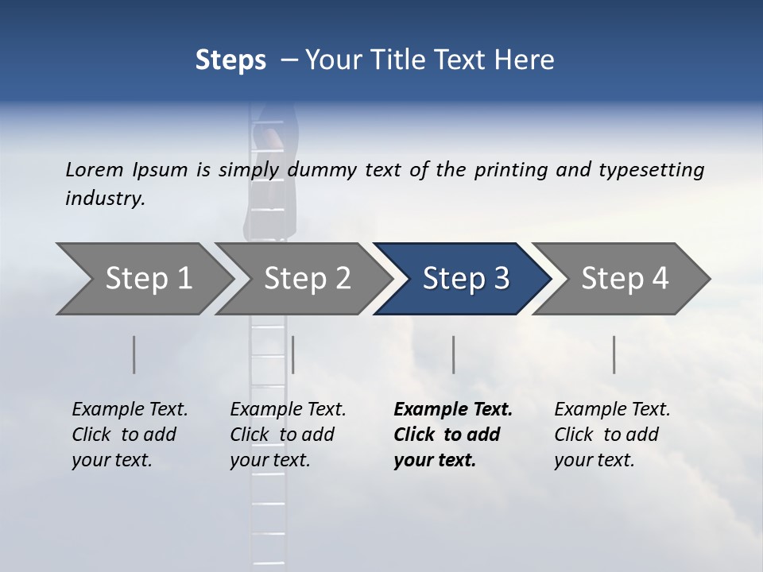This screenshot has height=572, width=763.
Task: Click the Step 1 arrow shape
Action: (143, 279)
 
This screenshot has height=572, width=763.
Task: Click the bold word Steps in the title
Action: (230, 60)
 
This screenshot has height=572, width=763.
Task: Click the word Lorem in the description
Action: (95, 169)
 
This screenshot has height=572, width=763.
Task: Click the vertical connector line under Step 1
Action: (134, 354)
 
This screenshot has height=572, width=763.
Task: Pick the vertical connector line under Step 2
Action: (293, 354)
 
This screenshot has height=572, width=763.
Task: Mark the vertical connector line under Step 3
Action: (453, 354)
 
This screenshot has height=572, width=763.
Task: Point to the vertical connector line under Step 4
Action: (614, 354)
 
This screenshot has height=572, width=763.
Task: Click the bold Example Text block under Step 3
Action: (452, 435)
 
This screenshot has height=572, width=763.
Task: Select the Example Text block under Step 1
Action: (130, 435)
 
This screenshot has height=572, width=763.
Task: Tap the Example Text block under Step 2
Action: (288, 435)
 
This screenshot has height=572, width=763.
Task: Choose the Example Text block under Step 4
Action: (612, 435)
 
